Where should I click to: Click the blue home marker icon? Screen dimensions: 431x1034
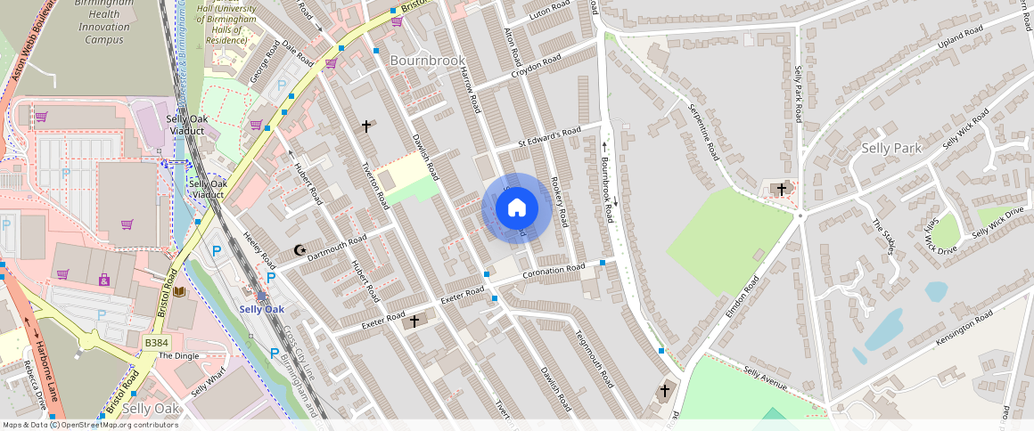pos(517,208)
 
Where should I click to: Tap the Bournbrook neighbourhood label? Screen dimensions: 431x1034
pos(428,61)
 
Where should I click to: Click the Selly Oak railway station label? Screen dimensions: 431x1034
pos(261,309)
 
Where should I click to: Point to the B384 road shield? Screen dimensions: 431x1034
pos(156,343)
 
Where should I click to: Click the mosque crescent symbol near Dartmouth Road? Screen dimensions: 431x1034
pos(299,251)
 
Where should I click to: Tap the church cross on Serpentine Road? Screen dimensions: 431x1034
pos(782,189)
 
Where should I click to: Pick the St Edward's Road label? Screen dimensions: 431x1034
pos(549,137)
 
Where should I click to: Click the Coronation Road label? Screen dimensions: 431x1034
pos(554,269)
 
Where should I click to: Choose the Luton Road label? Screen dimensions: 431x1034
pos(549,11)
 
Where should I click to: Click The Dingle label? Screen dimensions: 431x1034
pos(179,355)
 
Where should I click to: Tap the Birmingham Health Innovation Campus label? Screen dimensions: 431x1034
pos(104,20)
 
